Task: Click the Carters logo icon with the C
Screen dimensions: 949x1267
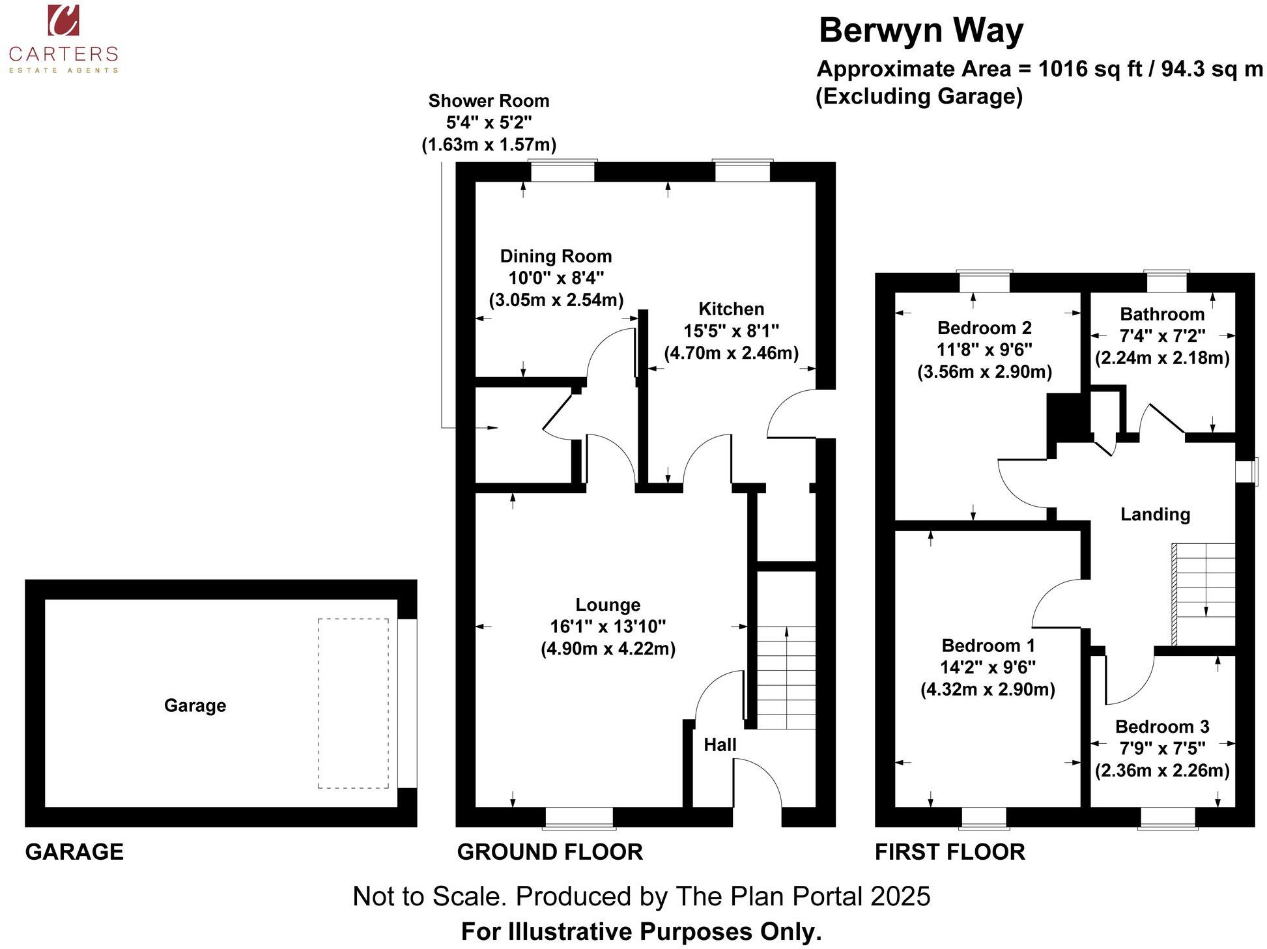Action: [x=63, y=20]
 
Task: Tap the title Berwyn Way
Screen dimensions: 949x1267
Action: [x=920, y=31]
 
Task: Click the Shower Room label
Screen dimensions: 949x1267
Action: [x=489, y=101]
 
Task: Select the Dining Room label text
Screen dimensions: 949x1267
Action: [x=556, y=256]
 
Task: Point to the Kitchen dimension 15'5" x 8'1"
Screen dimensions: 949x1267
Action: [x=731, y=331]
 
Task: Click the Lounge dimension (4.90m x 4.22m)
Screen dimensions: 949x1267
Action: [x=608, y=649]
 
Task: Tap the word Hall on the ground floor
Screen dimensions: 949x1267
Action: [x=720, y=744]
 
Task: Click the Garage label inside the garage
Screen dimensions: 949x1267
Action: [x=195, y=705]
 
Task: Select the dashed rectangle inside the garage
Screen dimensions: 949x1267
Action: [x=353, y=703]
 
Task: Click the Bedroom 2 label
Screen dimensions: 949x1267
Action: [x=984, y=328]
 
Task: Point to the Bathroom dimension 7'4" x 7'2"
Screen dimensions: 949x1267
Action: [x=1162, y=336]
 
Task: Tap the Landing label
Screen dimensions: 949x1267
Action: [x=1155, y=515]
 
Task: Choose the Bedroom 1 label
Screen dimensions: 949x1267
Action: [x=988, y=645]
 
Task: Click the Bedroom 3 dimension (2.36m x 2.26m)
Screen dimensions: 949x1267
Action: [x=1162, y=771]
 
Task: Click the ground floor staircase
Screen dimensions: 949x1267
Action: [x=786, y=677]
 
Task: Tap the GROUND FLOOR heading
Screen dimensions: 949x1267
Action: [x=550, y=852]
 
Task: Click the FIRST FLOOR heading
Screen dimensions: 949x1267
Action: [x=950, y=852]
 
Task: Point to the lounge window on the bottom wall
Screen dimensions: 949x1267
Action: [x=579, y=817]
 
